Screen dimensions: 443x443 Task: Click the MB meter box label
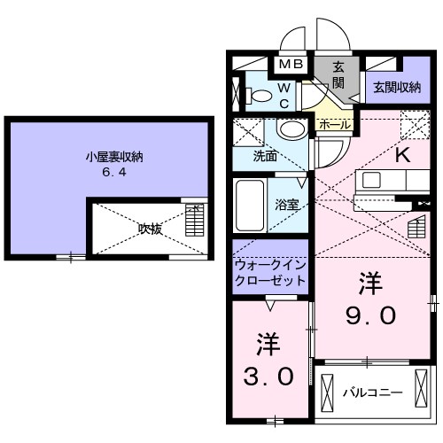[x=291, y=64]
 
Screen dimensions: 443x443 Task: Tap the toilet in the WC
[x=259, y=96]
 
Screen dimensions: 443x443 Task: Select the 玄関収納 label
[x=397, y=88]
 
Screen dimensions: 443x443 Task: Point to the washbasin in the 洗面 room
[x=292, y=129]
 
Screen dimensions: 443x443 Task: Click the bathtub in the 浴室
[x=250, y=206]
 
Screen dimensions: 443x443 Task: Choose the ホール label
[x=335, y=125]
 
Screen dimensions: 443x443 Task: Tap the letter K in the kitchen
[x=403, y=155]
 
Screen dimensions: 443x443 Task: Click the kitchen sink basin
[x=371, y=180]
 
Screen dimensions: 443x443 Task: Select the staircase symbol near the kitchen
[x=416, y=227]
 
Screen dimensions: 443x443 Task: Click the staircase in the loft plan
[x=195, y=221]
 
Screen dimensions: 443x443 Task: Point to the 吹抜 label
[x=151, y=229]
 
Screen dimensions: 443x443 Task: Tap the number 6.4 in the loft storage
[x=114, y=172]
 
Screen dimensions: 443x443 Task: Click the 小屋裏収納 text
[x=114, y=157]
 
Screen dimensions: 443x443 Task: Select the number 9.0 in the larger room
[x=370, y=315]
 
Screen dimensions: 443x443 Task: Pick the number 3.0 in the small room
[x=268, y=376]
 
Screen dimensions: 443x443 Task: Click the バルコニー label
[x=372, y=393]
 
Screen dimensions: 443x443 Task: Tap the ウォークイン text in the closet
[x=270, y=265]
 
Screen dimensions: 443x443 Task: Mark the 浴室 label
[x=287, y=205]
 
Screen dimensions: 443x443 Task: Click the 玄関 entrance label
[x=338, y=75]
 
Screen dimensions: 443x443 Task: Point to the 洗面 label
[x=265, y=156]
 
